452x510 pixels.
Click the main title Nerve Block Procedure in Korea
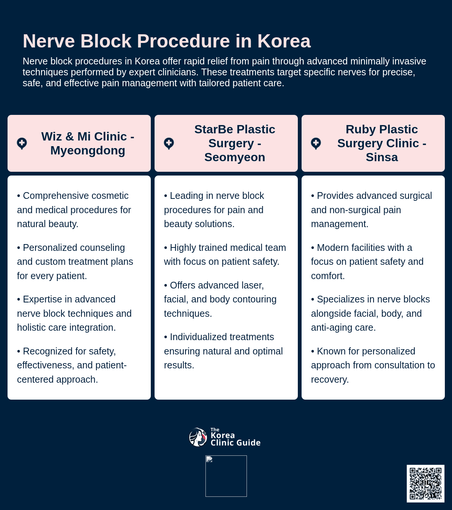pyautogui.click(x=167, y=41)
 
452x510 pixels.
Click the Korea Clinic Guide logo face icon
pyautogui.click(x=198, y=437)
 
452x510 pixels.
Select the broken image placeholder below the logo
pyautogui.click(x=226, y=476)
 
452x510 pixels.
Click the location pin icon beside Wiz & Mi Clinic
pyautogui.click(x=22, y=144)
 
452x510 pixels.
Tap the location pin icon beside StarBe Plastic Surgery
pyautogui.click(x=169, y=144)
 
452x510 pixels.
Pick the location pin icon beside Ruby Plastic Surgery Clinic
pyautogui.click(x=316, y=144)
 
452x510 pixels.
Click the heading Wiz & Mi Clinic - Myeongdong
pyautogui.click(x=87, y=144)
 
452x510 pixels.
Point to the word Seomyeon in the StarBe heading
pyautogui.click(x=234, y=157)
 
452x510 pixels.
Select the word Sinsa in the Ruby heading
pyautogui.click(x=382, y=157)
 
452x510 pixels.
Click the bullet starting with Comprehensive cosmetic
pyautogui.click(x=74, y=210)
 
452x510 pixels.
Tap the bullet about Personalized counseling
pyautogui.click(x=75, y=261)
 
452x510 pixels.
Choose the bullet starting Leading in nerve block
pyautogui.click(x=214, y=210)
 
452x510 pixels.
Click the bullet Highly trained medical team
pyautogui.click(x=225, y=255)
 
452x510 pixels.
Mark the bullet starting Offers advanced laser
pyautogui.click(x=220, y=299)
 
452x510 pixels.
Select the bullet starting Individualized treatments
pyautogui.click(x=223, y=351)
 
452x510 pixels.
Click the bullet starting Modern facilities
pyautogui.click(x=367, y=261)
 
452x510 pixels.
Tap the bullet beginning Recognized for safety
pyautogui.click(x=72, y=365)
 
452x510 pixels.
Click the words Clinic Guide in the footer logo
pyautogui.click(x=235, y=443)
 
